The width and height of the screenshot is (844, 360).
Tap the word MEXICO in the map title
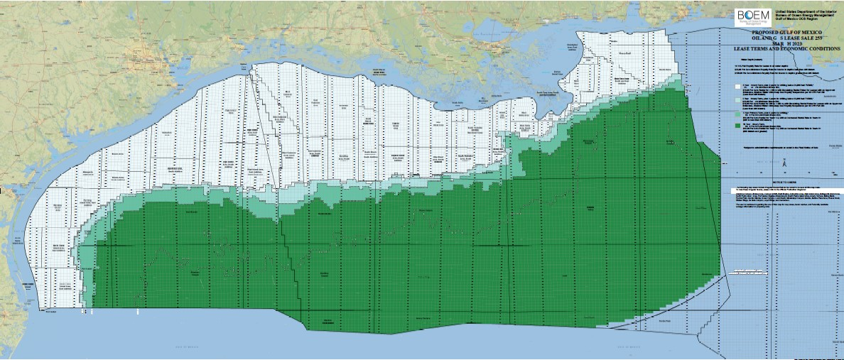[812, 33]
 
